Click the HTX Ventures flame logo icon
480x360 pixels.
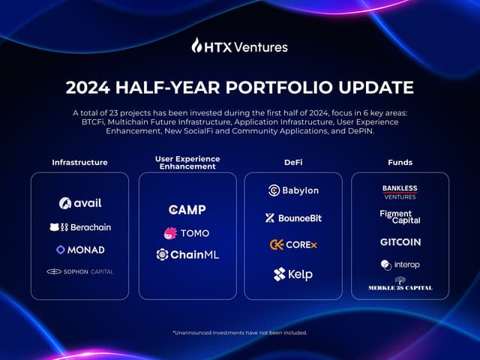(198, 46)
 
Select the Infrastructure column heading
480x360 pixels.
(79, 162)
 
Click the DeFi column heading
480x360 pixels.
(293, 162)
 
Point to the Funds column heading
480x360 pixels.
(400, 162)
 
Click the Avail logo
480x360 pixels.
(80, 203)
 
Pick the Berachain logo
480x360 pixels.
(80, 227)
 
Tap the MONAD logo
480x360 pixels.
(80, 250)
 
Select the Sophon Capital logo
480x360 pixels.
(80, 271)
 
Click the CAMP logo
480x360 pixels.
(187, 210)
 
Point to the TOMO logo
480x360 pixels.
(187, 233)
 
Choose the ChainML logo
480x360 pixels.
(187, 255)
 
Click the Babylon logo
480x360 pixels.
(293, 190)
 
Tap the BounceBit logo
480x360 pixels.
(293, 218)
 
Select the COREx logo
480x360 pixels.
(293, 244)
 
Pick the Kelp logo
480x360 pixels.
(293, 274)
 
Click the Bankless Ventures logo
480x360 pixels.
(400, 192)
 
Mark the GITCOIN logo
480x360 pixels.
(400, 242)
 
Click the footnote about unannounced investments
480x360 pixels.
(240, 332)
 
